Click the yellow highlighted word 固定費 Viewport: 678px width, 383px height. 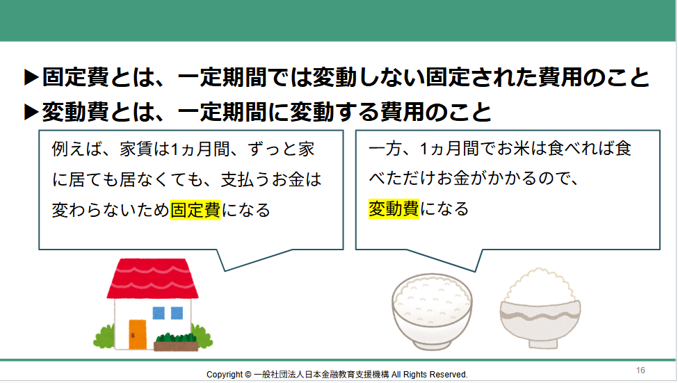195,210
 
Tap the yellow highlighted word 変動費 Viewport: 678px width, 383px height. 394,209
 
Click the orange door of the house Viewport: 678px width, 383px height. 138,334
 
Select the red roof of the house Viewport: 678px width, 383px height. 152,279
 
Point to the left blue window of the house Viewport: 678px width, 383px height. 159,313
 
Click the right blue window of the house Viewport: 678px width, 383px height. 177,313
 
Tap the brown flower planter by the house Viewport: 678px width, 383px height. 176,346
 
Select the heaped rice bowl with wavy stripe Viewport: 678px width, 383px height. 540,309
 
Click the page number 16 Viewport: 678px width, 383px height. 640,370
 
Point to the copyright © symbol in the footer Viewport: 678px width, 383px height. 248,375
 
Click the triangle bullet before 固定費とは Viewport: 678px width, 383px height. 31,77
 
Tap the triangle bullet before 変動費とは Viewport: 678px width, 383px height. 31,113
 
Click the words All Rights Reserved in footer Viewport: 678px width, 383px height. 429,375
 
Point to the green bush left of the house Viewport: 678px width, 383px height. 104,337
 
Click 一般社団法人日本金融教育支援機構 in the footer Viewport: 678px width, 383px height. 321,375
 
